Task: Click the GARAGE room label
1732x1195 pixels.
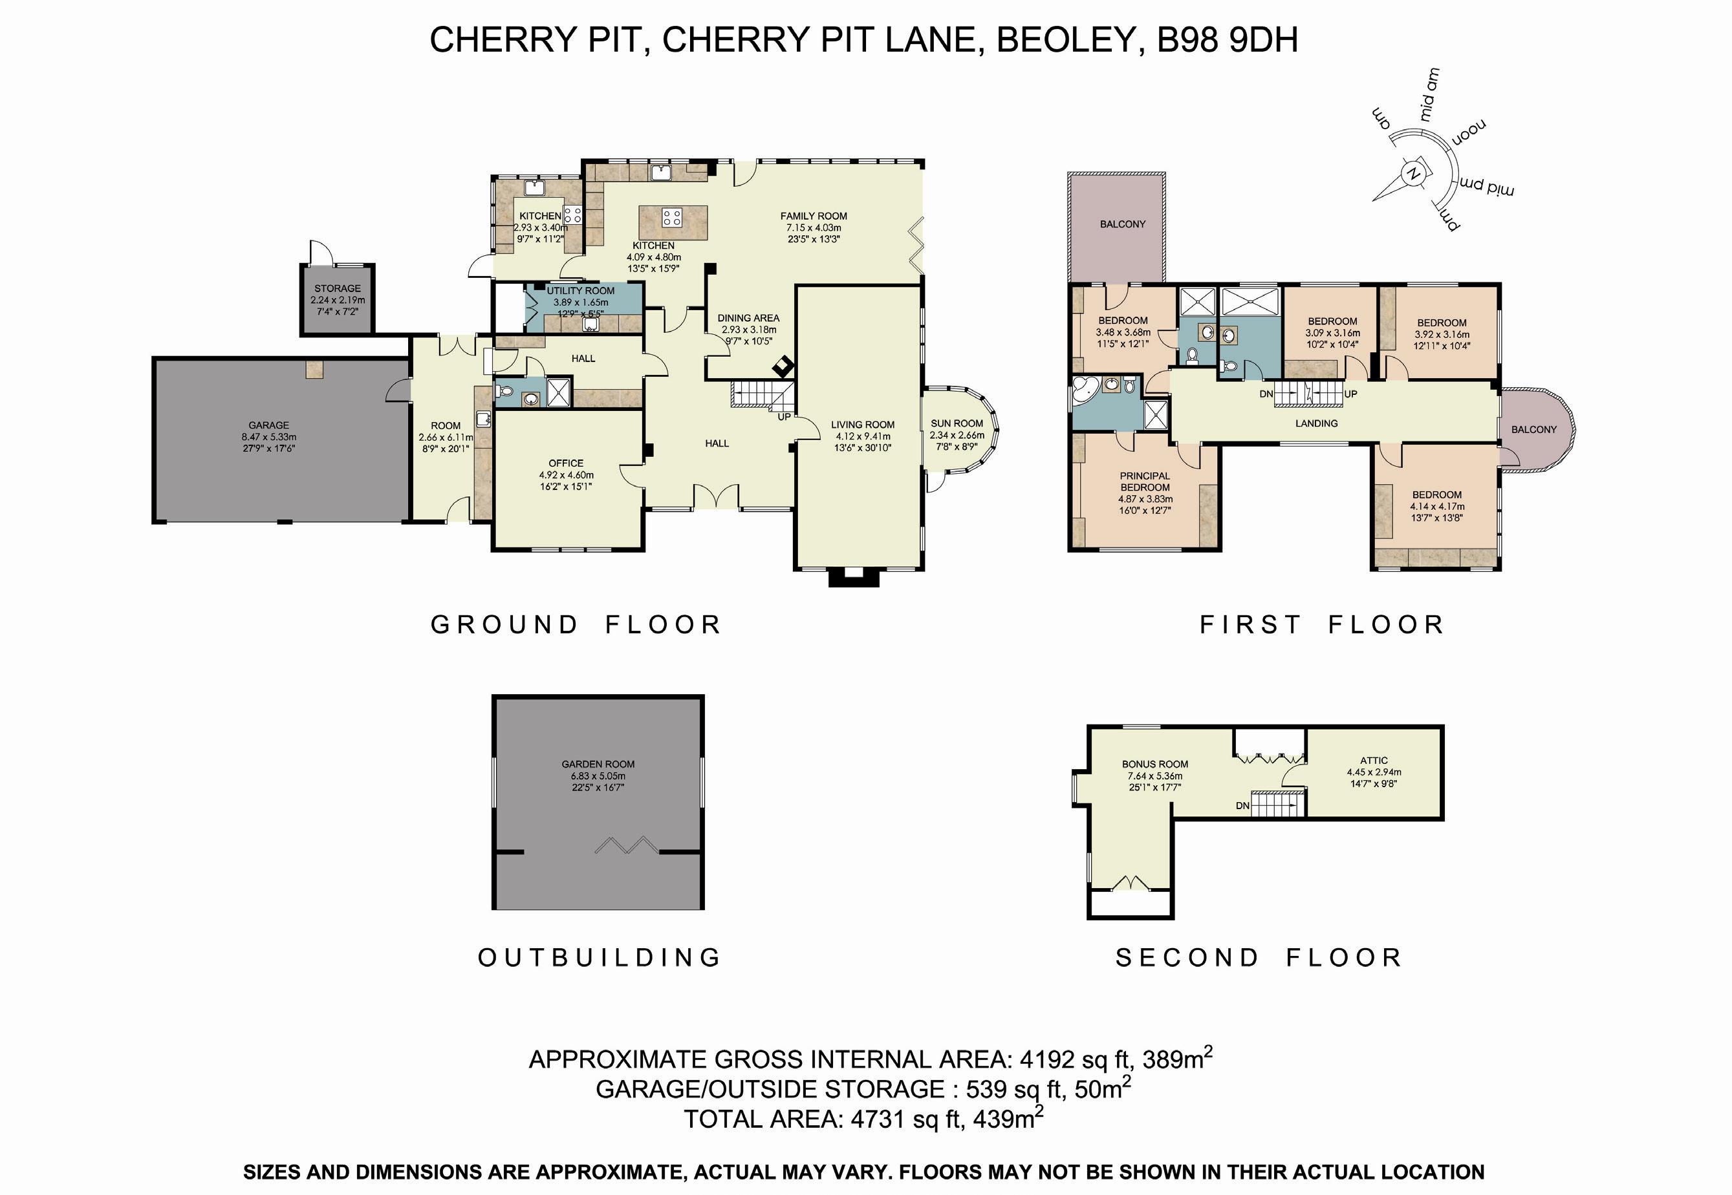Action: coord(269,425)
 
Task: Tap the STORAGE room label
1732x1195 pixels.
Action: coord(337,288)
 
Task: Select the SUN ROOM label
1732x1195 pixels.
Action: coord(957,423)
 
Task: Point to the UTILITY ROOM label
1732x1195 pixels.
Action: coord(581,291)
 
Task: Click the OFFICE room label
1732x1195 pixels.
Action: coord(566,463)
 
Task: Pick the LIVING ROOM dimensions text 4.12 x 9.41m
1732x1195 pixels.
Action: coord(863,436)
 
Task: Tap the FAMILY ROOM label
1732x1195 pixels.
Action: coord(814,216)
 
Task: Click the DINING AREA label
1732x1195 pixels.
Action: coord(748,317)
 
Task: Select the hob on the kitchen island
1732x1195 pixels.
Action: coord(672,218)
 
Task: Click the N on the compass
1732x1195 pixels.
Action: coord(1414,173)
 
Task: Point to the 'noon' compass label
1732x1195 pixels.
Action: coord(1469,132)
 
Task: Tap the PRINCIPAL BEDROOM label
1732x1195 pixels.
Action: coord(1145,481)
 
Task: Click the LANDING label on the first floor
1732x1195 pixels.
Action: coord(1316,423)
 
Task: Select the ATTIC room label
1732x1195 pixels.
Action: coord(1374,760)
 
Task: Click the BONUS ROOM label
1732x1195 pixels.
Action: coord(1154,765)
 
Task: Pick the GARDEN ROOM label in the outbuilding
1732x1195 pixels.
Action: coord(598,764)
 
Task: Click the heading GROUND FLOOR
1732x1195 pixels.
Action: coord(576,624)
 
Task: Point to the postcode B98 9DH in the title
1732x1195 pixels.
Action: coord(1228,39)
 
